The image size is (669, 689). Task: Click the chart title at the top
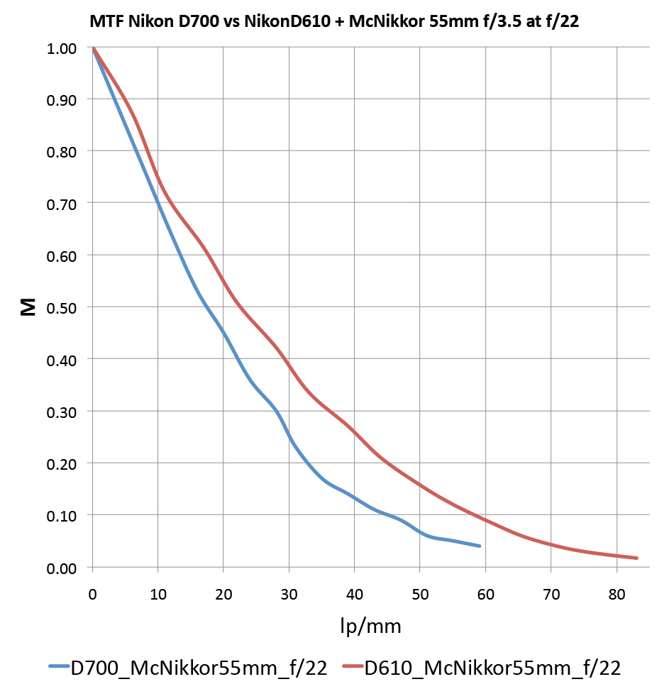pos(333,21)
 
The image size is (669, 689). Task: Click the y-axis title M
pos(28,307)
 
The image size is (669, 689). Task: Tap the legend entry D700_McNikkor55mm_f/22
pos(198,668)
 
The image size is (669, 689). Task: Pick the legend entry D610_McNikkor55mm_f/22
pos(492,668)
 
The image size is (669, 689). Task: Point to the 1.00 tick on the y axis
pos(63,48)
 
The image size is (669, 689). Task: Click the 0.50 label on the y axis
pos(63,307)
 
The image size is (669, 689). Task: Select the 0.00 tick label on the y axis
pos(63,567)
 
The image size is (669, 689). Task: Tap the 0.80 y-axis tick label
pos(63,151)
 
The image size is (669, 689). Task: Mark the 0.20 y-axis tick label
pos(63,463)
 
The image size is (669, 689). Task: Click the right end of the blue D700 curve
pos(480,546)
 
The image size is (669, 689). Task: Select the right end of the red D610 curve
pos(636,558)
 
